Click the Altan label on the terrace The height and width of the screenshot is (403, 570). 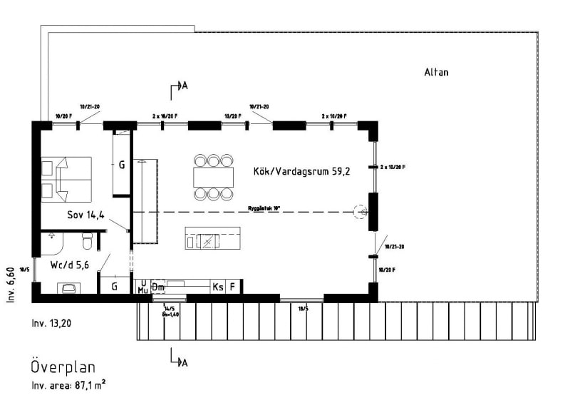[436, 72]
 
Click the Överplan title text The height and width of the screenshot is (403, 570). [63, 367]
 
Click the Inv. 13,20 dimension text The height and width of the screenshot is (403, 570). [52, 322]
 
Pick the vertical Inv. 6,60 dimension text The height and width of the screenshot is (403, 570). [10, 285]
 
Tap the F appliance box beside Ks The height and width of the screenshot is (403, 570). [232, 287]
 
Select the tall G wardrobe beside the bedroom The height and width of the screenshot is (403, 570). [122, 164]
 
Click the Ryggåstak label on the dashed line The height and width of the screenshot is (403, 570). [264, 208]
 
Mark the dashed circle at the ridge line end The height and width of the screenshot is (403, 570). [360, 211]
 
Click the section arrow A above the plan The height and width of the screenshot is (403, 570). [178, 87]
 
